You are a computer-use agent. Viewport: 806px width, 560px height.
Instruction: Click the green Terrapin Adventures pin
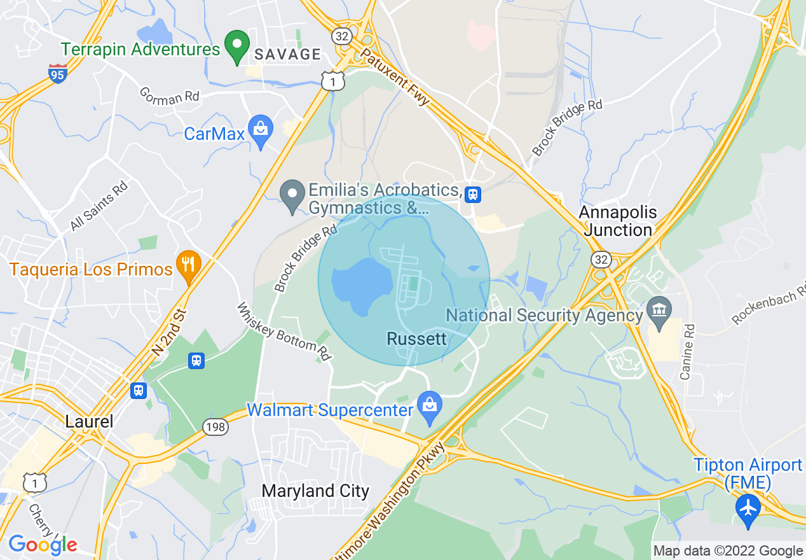[238, 46]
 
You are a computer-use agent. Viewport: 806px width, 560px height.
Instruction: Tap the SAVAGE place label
[288, 55]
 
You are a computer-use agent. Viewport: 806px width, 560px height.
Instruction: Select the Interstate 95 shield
[58, 74]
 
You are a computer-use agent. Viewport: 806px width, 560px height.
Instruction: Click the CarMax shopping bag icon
[260, 130]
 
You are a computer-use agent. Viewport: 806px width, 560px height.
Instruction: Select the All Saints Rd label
[99, 206]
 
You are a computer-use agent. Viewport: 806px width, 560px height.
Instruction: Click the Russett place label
[416, 339]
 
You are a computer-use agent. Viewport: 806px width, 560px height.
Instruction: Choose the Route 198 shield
[215, 427]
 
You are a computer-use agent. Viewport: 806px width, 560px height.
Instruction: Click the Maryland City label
[315, 491]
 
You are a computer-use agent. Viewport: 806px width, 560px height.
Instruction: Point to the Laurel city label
[89, 421]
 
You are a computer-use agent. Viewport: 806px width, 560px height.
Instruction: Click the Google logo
[43, 545]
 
